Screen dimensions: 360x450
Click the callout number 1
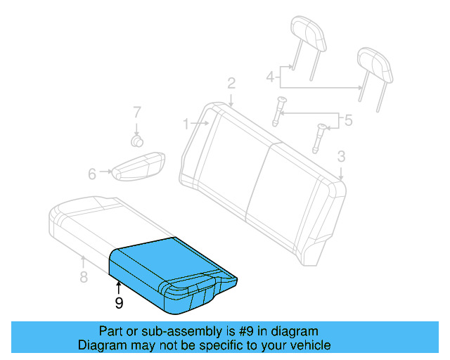[186, 124]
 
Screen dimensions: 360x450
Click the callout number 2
[231, 84]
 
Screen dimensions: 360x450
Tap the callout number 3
[341, 156]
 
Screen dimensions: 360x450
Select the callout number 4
[269, 76]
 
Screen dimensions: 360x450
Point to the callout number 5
[348, 120]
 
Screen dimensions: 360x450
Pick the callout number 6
[92, 174]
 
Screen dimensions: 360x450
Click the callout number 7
[137, 112]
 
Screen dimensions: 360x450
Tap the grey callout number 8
[84, 277]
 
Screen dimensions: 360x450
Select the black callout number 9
[119, 303]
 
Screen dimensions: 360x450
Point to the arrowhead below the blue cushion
[119, 284]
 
